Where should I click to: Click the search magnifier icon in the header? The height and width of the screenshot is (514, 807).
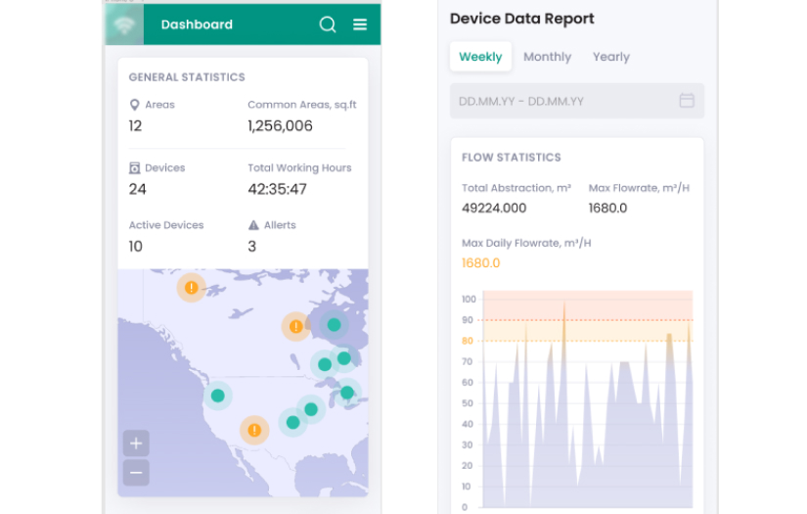click(x=328, y=24)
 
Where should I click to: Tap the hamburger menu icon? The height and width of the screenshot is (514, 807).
click(x=360, y=24)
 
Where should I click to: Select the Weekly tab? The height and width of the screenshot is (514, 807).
click(x=480, y=57)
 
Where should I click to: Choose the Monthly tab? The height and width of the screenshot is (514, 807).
click(x=547, y=57)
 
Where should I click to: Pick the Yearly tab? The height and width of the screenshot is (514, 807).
click(x=611, y=57)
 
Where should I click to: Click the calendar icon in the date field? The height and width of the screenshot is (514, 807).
click(x=687, y=101)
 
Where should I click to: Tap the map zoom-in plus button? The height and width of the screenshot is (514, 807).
click(x=136, y=443)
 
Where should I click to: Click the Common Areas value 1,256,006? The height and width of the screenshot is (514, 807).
click(x=280, y=126)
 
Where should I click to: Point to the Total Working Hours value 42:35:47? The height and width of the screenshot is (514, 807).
click(x=277, y=189)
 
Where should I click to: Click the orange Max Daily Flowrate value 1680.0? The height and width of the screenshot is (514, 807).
click(x=480, y=263)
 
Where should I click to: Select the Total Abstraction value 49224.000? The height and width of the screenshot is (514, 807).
click(x=494, y=208)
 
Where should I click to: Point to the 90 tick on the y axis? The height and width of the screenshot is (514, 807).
click(x=468, y=320)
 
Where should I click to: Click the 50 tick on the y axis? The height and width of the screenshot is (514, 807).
click(x=468, y=403)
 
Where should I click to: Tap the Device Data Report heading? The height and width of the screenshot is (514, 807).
click(x=521, y=19)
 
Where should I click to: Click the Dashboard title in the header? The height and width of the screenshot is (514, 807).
click(x=197, y=24)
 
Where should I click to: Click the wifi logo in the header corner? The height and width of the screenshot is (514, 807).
click(x=124, y=24)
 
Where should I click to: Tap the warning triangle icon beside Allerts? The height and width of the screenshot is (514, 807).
click(x=253, y=225)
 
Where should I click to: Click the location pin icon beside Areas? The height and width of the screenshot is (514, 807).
click(x=134, y=105)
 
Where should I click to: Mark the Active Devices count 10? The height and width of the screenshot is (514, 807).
click(x=136, y=247)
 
